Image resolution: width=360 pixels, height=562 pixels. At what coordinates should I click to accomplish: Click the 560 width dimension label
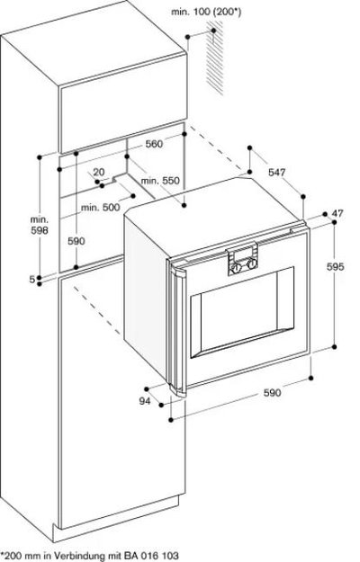[154, 144]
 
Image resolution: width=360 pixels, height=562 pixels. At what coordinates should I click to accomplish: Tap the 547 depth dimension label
[277, 173]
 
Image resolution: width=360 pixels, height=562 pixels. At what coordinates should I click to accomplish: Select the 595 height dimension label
[336, 267]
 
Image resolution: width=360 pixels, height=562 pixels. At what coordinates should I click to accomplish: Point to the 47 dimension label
[337, 214]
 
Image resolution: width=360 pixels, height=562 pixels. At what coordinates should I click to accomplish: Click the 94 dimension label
[145, 401]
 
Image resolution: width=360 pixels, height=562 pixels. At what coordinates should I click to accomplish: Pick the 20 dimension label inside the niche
[99, 172]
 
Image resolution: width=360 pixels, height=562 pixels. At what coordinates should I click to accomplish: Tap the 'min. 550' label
[160, 181]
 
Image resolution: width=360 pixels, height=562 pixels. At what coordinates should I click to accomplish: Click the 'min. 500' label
[101, 208]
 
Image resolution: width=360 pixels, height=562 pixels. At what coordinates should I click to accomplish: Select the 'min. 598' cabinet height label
[39, 225]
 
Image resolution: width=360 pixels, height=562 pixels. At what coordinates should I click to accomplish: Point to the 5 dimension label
[32, 280]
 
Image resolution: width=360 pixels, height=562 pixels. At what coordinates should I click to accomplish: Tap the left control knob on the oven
[236, 267]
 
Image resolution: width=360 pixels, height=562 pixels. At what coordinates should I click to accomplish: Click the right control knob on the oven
[252, 264]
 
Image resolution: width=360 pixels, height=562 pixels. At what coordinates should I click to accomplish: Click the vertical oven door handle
[177, 328]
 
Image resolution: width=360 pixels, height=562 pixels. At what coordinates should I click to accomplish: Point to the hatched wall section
[215, 58]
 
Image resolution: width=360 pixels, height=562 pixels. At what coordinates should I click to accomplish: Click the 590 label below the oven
[272, 393]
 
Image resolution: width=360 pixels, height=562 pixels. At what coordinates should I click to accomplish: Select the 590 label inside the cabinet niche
[76, 241]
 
